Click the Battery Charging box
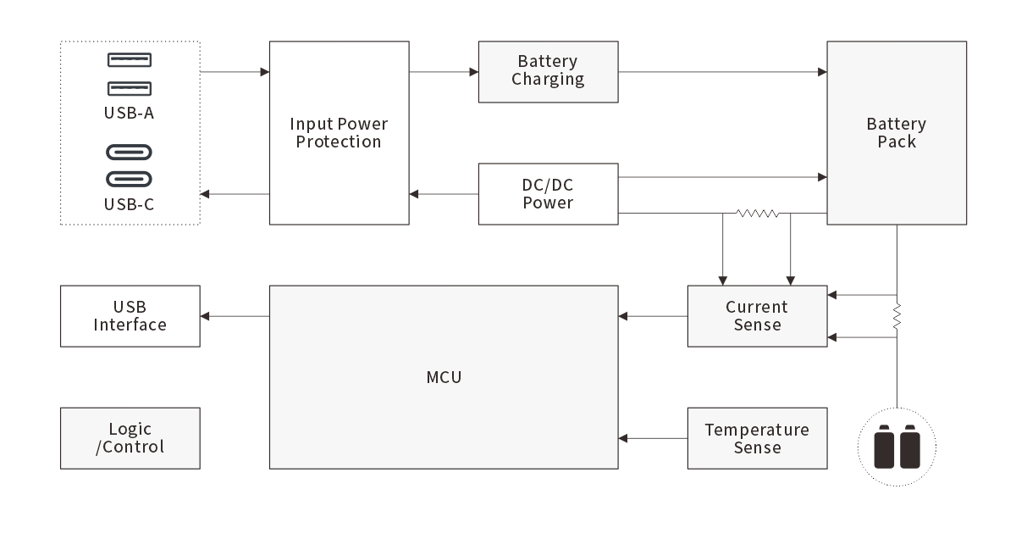click(x=548, y=71)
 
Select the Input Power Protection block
click(x=339, y=133)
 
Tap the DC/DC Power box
click(x=548, y=194)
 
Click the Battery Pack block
click(x=897, y=133)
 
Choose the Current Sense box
click(x=757, y=316)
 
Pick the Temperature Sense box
click(x=757, y=438)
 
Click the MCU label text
click(x=444, y=377)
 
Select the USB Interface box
click(x=130, y=316)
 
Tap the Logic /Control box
click(x=130, y=438)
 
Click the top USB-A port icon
click(x=130, y=60)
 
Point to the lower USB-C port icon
click(x=130, y=180)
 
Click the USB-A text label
click(x=130, y=113)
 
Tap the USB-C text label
click(x=130, y=204)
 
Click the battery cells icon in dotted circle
click(x=897, y=446)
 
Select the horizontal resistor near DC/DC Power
click(x=757, y=214)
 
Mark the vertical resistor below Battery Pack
click(x=897, y=317)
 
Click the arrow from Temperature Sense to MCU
click(x=652, y=438)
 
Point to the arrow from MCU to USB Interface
click(x=235, y=316)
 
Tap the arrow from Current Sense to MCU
click(x=652, y=316)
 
